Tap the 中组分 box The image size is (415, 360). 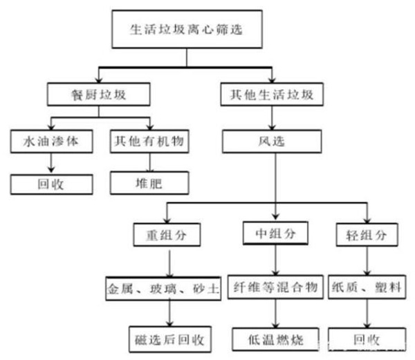pyautogui.click(x=277, y=234)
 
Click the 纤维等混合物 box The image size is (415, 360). pyautogui.click(x=276, y=286)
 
